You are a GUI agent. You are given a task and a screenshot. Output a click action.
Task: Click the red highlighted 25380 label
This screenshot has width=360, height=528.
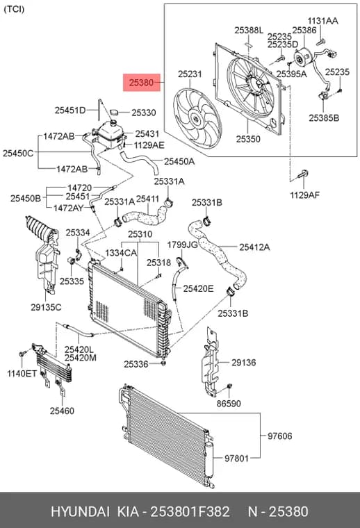point(142,83)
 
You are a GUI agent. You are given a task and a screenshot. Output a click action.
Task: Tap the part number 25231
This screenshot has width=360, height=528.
point(190,74)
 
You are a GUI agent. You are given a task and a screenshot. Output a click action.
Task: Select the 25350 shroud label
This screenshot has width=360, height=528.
point(248,139)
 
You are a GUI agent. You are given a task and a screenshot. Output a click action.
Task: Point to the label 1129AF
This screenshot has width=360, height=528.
point(305,195)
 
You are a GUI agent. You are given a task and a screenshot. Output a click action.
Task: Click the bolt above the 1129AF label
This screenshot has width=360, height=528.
point(303,174)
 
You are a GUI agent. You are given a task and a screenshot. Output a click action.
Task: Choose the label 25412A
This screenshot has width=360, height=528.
point(254,247)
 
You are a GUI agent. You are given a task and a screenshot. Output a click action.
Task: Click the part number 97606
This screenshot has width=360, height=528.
point(280,436)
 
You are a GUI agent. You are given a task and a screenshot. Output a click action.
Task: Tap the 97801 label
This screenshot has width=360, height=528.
point(236,459)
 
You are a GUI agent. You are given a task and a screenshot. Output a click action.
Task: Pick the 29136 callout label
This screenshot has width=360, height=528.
point(243,363)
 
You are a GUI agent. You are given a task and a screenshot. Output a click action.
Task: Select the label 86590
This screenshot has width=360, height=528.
point(229,403)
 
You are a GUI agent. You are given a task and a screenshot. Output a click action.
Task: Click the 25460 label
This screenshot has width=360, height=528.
point(62,411)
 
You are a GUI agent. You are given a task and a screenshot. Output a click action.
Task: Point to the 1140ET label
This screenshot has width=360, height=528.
point(22,373)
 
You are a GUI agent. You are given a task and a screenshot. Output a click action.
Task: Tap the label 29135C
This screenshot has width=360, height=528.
point(46,307)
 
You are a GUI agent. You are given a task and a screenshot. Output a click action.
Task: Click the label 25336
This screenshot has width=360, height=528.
point(136,364)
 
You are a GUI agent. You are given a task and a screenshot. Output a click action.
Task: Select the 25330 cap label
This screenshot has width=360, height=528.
point(144,113)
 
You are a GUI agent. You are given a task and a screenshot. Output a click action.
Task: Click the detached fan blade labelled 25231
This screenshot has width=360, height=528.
point(197,118)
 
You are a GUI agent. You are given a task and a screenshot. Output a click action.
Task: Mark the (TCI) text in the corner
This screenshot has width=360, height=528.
point(14,9)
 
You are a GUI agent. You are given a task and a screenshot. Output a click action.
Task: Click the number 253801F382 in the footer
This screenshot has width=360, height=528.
point(190,511)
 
